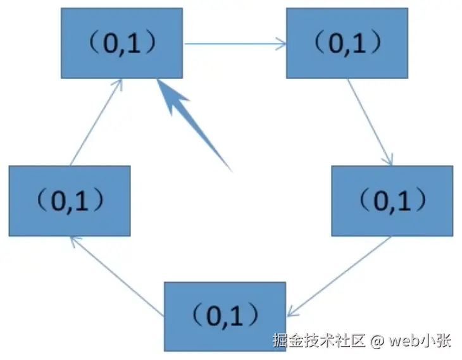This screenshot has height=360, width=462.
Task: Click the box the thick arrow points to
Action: tap(122, 43)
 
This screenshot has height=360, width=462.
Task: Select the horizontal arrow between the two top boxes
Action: tap(234, 44)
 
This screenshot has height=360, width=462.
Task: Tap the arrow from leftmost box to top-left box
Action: tap(96, 123)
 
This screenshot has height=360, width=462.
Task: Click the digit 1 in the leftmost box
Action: tap(80, 200)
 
